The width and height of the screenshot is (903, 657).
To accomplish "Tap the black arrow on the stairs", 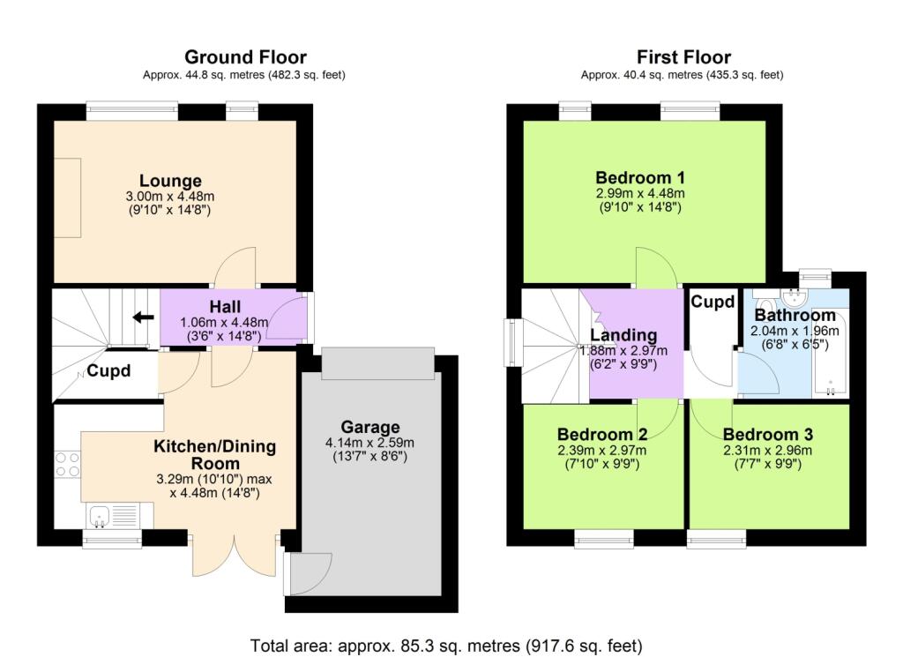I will pos(139,318).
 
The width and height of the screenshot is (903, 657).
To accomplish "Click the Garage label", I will pos(371,427).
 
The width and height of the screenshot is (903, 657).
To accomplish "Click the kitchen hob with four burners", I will pos(66,465).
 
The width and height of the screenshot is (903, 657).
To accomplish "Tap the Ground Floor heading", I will pos(243,58).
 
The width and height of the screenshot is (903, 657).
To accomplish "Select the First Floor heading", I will pos(682,58).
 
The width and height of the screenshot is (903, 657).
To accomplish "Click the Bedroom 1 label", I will pos(639,176).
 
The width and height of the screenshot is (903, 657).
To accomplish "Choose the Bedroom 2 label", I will pos(602,435).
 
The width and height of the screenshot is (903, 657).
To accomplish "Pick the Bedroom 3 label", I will pos(767,435).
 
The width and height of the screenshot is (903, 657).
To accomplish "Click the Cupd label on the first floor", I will pos(713,302).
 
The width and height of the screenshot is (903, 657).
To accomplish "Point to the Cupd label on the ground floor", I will pos(108,371).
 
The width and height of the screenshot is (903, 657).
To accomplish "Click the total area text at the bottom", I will pos(446,645).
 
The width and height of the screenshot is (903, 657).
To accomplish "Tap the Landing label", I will pos(623,335).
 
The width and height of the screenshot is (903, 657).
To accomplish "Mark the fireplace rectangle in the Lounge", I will pos(68,198).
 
